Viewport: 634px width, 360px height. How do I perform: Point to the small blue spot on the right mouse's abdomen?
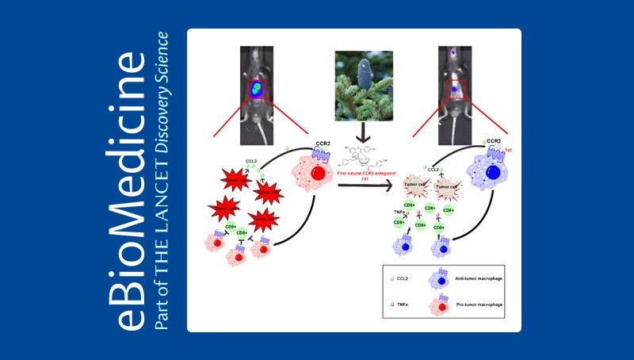coord(454,90)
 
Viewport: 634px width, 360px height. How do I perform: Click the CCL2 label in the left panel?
coord(252,161)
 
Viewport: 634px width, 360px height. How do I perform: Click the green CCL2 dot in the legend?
coord(393,279)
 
